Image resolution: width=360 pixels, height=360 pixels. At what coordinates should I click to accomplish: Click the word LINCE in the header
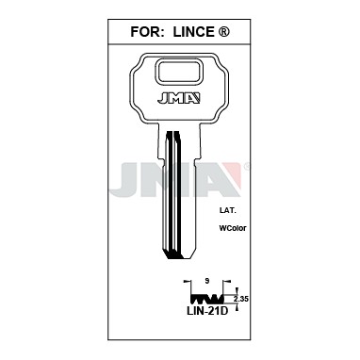[x=193, y=32]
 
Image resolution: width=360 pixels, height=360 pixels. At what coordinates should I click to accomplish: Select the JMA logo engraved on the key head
[x=179, y=98]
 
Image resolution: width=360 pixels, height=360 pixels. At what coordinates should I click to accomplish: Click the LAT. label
[x=227, y=210]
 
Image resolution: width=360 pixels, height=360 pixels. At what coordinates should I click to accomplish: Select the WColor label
[x=233, y=228]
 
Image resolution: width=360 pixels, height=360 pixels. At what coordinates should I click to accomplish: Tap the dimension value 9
[x=206, y=281]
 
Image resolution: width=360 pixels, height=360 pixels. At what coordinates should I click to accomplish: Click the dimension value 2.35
[x=241, y=299]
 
